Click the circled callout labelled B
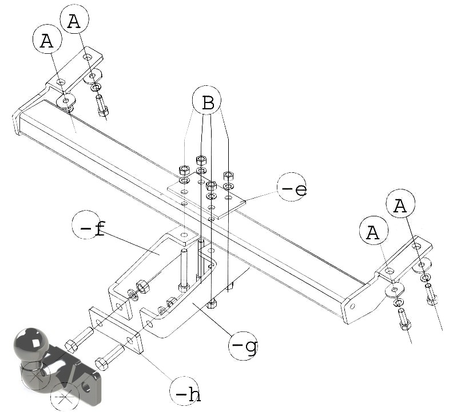(206, 100)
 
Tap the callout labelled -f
(87, 226)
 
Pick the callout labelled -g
(243, 345)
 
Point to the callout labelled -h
(184, 391)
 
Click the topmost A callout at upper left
(75, 19)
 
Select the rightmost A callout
(400, 203)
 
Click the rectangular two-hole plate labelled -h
(116, 330)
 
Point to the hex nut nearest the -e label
(228, 175)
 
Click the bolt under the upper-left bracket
(102, 105)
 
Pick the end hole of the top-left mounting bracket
(88, 57)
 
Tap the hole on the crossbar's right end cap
(352, 306)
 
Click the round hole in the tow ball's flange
(86, 386)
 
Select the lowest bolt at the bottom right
(404, 319)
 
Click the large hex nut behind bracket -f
(142, 287)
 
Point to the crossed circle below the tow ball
(64, 397)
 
